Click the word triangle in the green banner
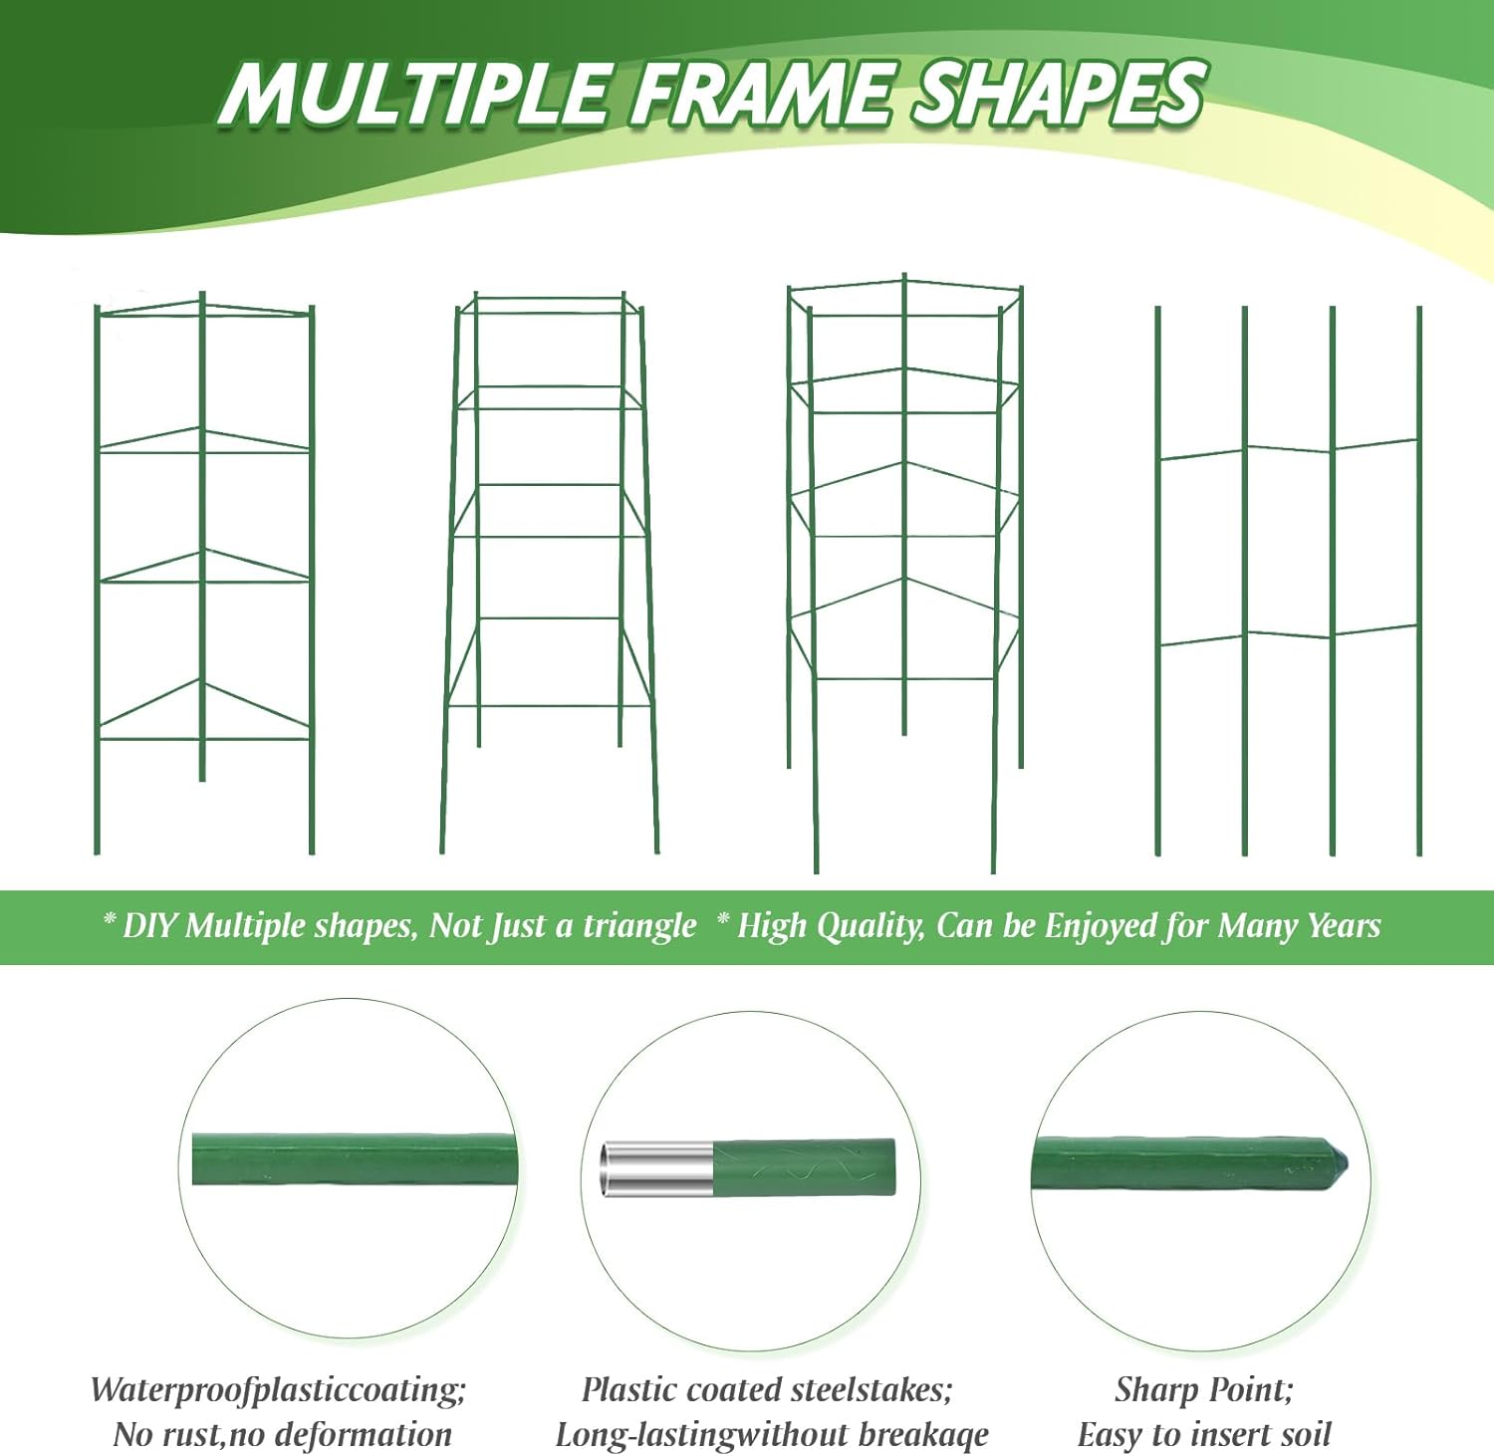coord(639,926)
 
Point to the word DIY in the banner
coord(149,926)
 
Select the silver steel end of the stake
coord(656,1169)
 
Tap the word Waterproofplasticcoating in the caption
coord(278,1389)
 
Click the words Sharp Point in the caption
coord(1204,1389)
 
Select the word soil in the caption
coord(1301,1435)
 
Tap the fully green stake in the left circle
coord(355,1158)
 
